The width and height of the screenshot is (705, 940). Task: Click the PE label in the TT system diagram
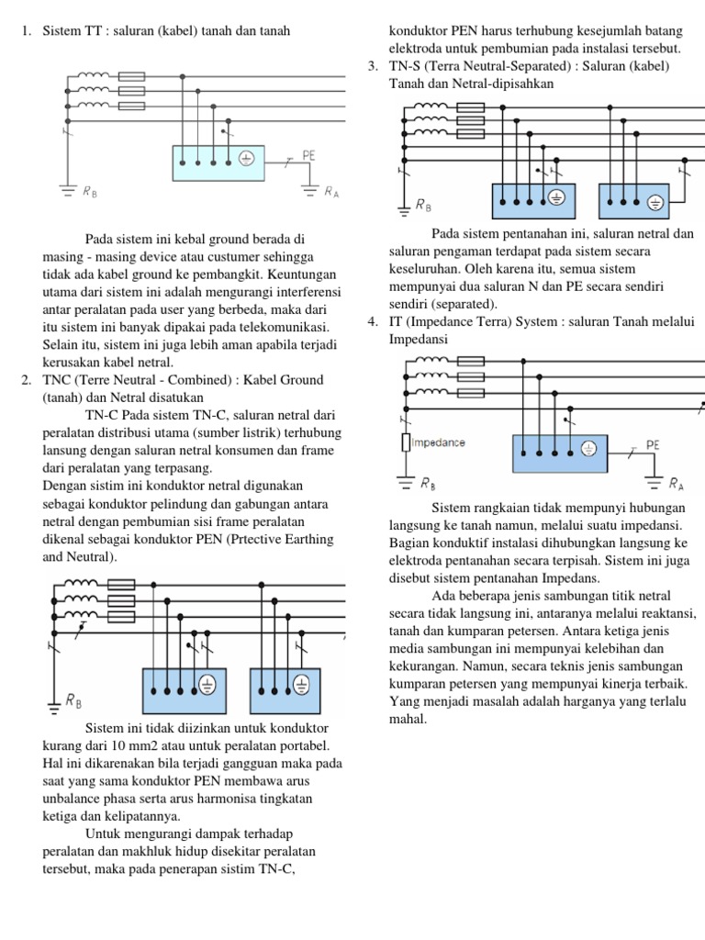tap(309, 156)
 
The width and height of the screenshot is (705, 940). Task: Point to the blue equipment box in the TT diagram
tap(218, 162)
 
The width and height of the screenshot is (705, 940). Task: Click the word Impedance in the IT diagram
tap(439, 442)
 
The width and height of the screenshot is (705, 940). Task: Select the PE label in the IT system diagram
tap(653, 444)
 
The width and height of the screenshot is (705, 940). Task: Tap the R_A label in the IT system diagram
tap(676, 482)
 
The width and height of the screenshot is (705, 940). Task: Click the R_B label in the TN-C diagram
tap(73, 700)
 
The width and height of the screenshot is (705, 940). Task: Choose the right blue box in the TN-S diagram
tap(633, 203)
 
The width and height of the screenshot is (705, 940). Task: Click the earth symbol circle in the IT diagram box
tap(589, 449)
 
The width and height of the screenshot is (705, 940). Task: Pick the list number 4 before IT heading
tap(373, 321)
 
